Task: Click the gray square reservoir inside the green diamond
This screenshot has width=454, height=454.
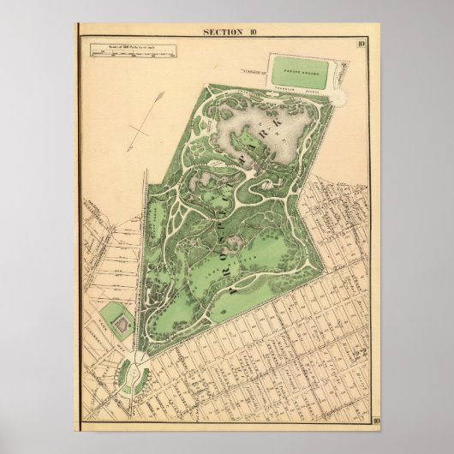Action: coord(119,324)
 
